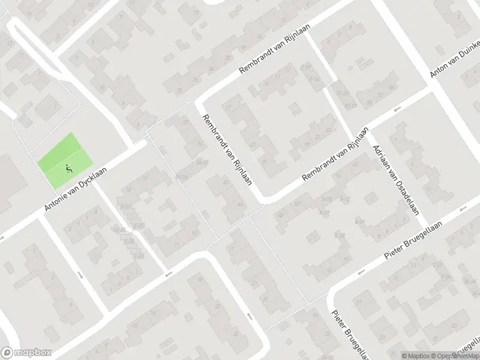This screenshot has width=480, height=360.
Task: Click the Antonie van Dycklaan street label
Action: click(77, 188)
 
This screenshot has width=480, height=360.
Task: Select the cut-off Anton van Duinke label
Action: click(455, 59)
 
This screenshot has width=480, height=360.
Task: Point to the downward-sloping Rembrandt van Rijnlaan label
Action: click(227, 149)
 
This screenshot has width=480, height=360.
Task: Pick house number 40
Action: click(226, 182)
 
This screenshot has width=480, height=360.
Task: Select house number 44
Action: click(241, 205)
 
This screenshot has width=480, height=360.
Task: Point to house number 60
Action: click(355, 164)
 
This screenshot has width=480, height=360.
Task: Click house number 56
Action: click(338, 175)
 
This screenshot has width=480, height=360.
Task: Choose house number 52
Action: click(298, 203)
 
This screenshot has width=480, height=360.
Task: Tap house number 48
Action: click(280, 215)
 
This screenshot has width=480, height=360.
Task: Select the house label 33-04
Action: click(343, 93)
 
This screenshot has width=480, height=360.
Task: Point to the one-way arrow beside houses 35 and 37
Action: click(397, 110)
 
